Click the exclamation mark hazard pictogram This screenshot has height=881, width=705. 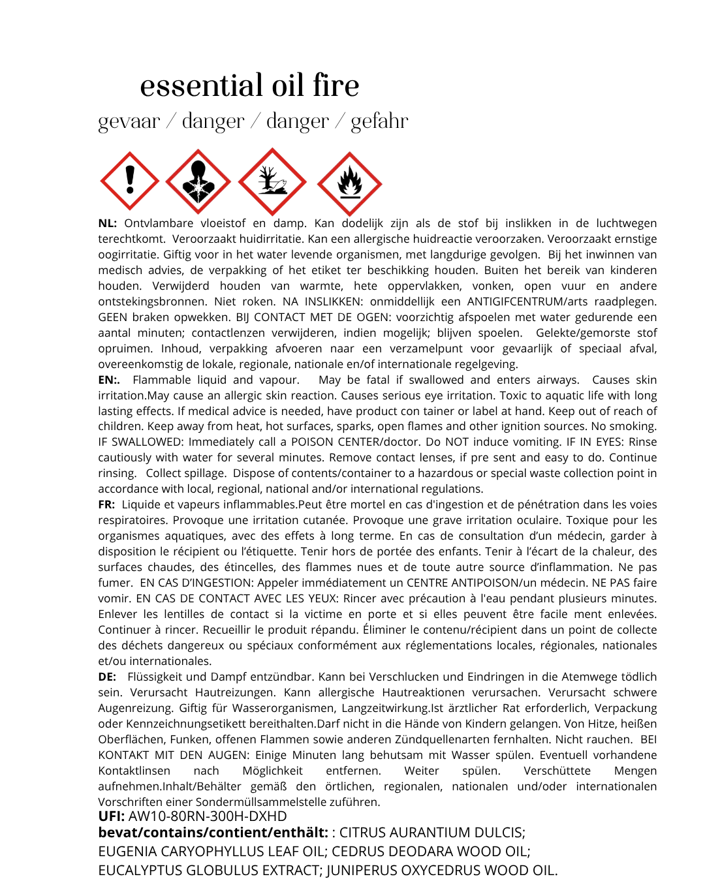(130, 181)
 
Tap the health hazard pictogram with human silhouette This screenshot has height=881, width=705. (198, 181)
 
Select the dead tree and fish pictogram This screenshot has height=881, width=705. (272, 181)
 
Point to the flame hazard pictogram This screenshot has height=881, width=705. (349, 183)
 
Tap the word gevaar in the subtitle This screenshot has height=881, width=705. (129, 121)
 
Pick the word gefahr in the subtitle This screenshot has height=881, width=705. (379, 121)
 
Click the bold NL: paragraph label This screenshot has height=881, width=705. (108, 223)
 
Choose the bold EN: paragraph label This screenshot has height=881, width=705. (109, 380)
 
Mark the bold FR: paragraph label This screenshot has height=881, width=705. (107, 504)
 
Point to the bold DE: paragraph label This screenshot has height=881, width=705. (108, 677)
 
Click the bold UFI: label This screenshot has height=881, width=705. (112, 816)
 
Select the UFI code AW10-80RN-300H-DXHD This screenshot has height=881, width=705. (208, 816)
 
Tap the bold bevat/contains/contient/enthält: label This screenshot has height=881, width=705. (213, 833)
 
